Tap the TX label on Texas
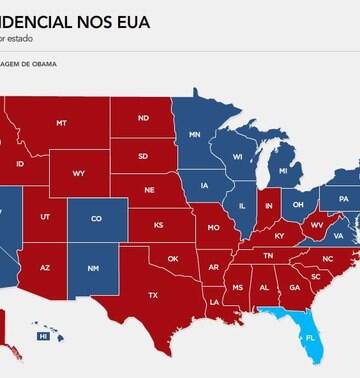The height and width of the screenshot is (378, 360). coord(153,295)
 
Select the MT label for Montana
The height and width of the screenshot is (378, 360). coord(62,123)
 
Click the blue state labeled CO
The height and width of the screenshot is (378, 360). coord(96,218)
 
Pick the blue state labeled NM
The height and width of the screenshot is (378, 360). coord(92,268)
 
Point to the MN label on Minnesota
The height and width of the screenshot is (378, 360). coord(196,134)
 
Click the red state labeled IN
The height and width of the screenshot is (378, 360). coord(268,207)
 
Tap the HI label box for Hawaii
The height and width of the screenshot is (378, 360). coord(43,337)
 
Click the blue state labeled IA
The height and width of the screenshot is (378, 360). coord(204,185)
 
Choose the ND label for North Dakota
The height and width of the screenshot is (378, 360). coord(143,118)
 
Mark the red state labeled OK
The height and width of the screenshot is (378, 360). coord(172,258)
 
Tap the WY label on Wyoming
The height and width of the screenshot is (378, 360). coord(79,173)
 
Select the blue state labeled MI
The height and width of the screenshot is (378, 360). coord(283,171)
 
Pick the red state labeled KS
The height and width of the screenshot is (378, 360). coord(159,225)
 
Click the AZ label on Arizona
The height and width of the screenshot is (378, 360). coord(46,267)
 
